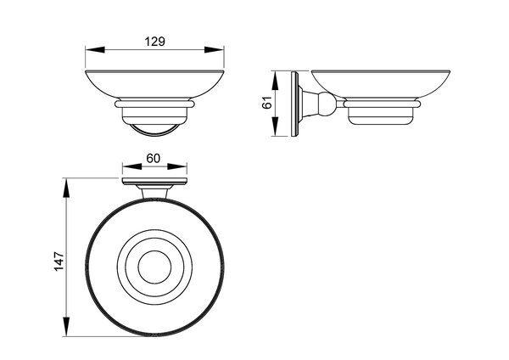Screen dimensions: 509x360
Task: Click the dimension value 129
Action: (x=155, y=42)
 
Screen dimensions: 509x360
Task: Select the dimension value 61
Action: (x=266, y=103)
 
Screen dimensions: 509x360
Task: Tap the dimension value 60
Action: (x=154, y=158)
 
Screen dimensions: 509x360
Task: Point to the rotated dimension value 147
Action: (x=59, y=262)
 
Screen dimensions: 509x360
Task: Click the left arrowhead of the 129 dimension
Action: (x=95, y=50)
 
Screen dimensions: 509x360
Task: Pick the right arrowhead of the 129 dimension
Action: (x=215, y=50)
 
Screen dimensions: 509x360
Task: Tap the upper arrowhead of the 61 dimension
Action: (x=275, y=81)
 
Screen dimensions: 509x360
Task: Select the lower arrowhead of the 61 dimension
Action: (x=275, y=127)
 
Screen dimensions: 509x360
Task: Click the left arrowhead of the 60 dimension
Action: (x=132, y=166)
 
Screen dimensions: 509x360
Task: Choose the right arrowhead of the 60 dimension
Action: (x=177, y=166)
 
